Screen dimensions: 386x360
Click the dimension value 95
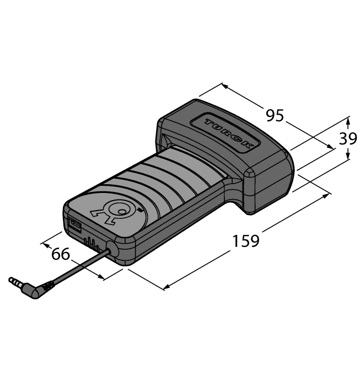click(x=275, y=116)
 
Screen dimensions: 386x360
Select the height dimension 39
click(x=348, y=139)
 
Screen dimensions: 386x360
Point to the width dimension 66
click(x=61, y=254)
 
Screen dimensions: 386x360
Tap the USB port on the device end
click(x=74, y=225)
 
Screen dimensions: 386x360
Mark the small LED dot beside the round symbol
click(x=140, y=210)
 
